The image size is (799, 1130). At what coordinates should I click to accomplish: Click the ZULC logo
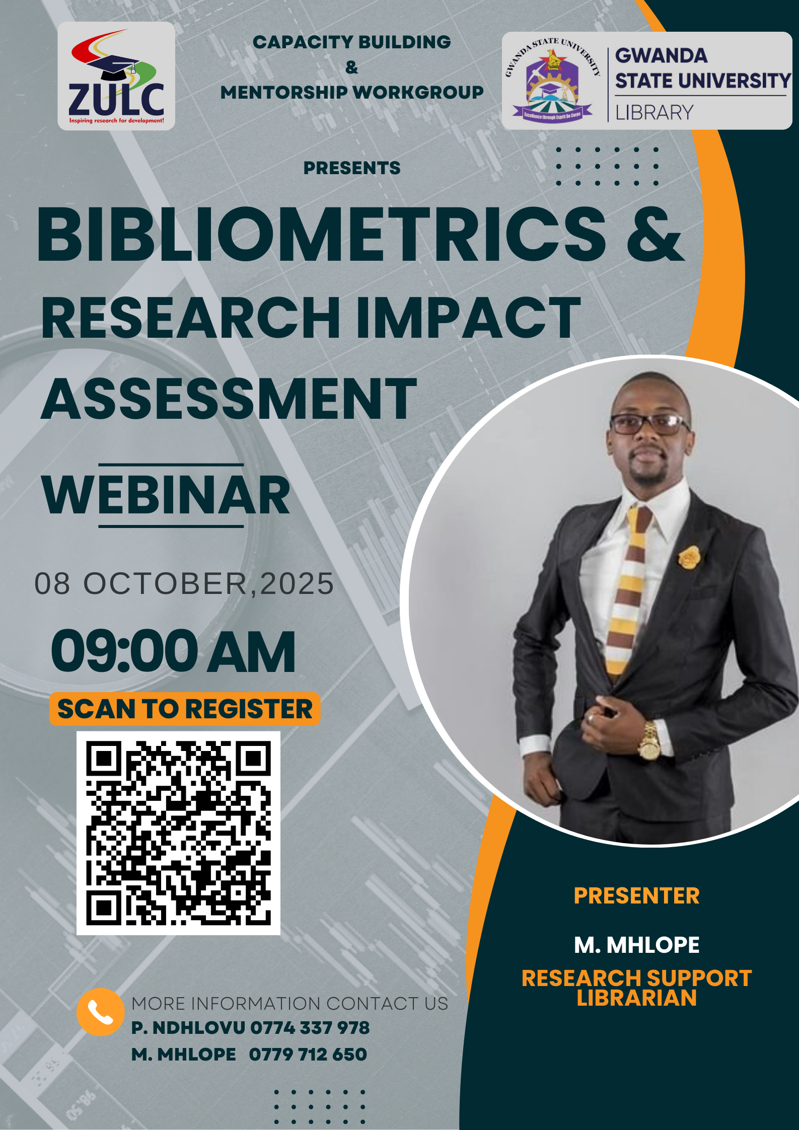[x=116, y=76]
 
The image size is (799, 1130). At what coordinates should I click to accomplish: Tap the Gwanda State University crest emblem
[x=553, y=81]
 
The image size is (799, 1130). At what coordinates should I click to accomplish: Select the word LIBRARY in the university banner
[x=654, y=112]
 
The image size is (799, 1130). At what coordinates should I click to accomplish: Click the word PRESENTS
[x=351, y=168]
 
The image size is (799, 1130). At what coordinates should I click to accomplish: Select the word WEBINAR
[x=166, y=495]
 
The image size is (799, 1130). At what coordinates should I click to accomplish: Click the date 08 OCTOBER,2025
[x=184, y=584]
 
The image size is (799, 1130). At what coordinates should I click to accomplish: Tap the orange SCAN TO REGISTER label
[x=185, y=709]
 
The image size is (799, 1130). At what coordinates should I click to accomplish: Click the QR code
[x=178, y=833]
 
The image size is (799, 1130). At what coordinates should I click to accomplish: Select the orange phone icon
[x=100, y=1012]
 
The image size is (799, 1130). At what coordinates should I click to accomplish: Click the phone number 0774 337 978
[x=310, y=1028]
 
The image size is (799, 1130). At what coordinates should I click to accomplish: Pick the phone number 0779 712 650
[x=308, y=1054]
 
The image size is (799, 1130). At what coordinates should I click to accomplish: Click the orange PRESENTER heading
[x=636, y=896]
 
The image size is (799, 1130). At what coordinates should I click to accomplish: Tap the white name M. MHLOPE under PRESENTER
[x=636, y=945]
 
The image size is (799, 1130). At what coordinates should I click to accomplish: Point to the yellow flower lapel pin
[x=689, y=558]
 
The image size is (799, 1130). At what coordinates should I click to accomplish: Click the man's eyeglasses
[x=649, y=424]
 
